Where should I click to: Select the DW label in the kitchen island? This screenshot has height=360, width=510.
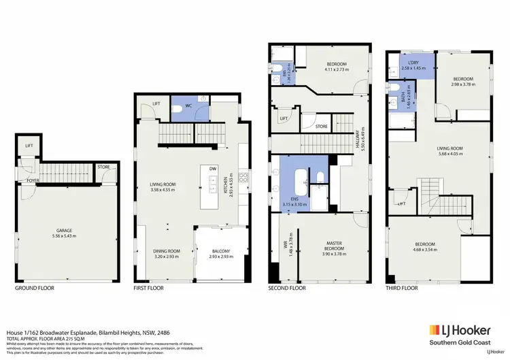coord(213,169)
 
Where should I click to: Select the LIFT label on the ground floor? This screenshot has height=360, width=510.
coord(29,146)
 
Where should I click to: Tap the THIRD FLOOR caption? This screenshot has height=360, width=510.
coord(401,288)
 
